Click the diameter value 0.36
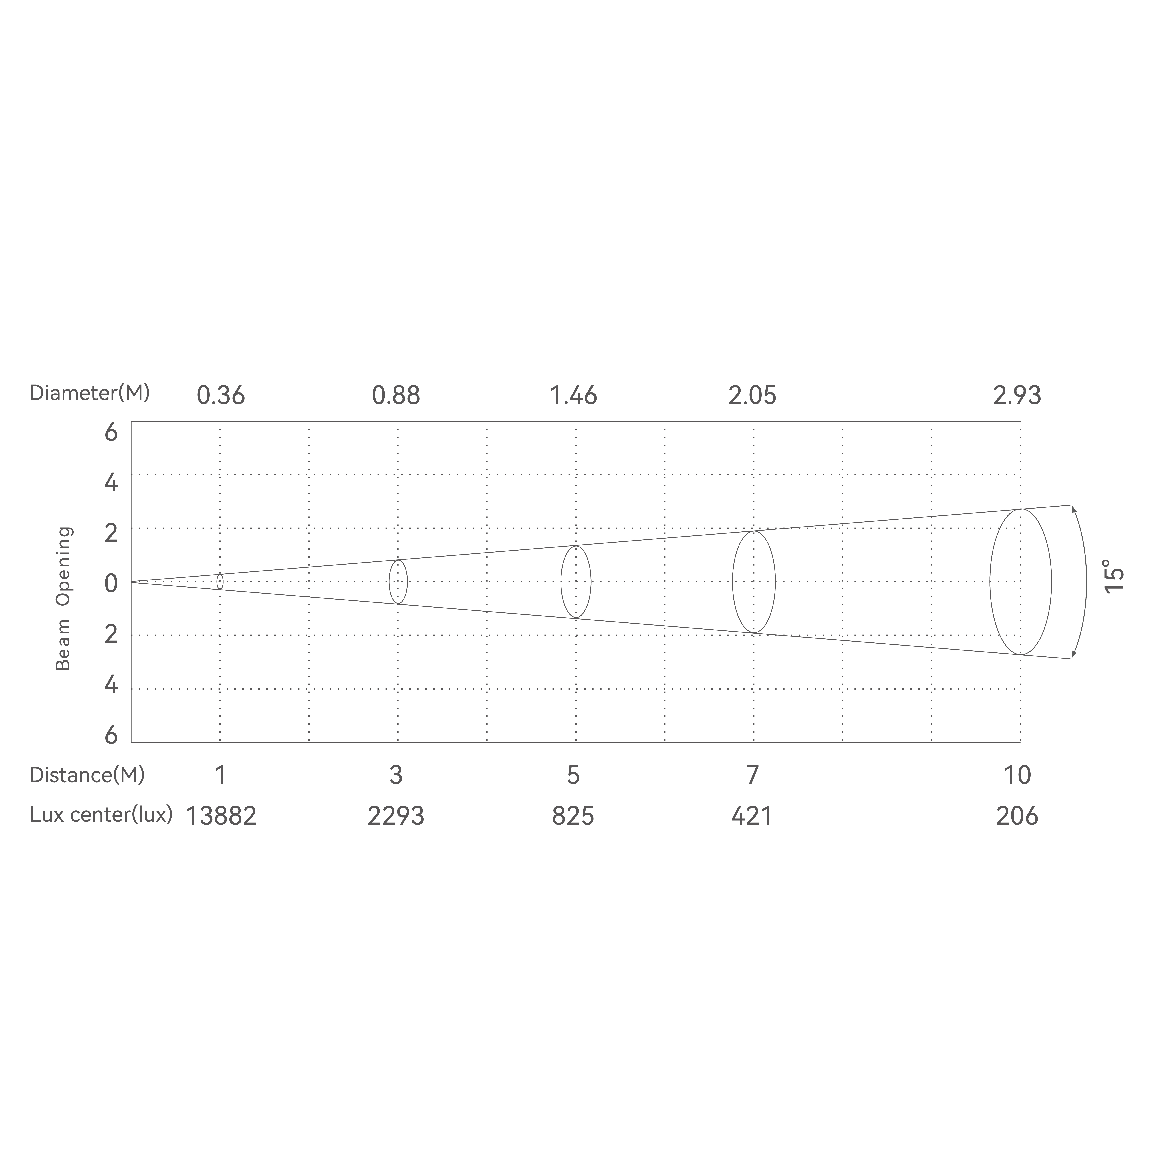coord(221,396)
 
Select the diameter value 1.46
coord(573,396)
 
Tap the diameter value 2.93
coord(1017,396)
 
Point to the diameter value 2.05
coord(752,396)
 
